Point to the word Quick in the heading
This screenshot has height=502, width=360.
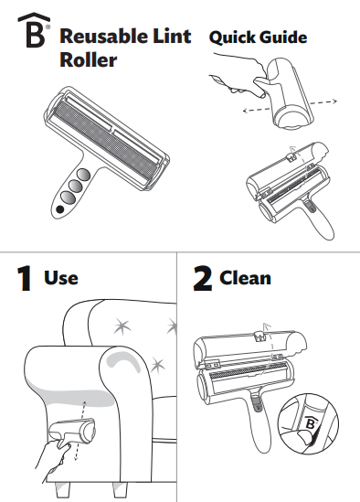pyautogui.click(x=234, y=38)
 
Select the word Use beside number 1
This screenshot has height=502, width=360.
pyautogui.click(x=61, y=277)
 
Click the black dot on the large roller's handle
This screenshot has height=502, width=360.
pyautogui.click(x=60, y=209)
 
